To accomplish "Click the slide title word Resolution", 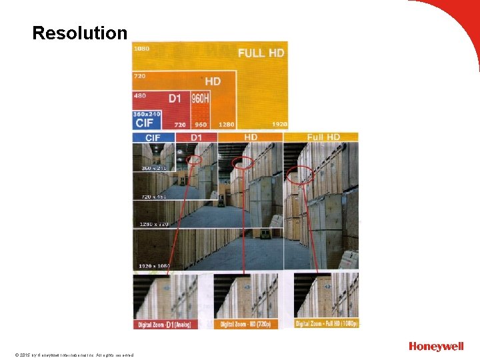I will tap(79, 33).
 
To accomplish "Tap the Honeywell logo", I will tap(436, 346).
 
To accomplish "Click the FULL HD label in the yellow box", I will tap(261, 53).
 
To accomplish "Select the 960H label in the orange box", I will tap(200, 99).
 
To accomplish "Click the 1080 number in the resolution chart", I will tap(141, 48).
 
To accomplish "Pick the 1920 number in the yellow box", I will tap(279, 125).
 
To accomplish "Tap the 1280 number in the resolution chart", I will tap(226, 125).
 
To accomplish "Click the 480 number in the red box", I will tap(140, 96).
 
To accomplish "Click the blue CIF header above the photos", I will tap(153, 137).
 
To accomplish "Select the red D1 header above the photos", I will tap(197, 137).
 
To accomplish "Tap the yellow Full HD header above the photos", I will tap(323, 137).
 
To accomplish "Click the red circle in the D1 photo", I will tap(195, 160).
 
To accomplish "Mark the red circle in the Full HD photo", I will tap(300, 175).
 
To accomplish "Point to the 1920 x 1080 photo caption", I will tap(154, 266).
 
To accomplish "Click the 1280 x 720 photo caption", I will tap(153, 224).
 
